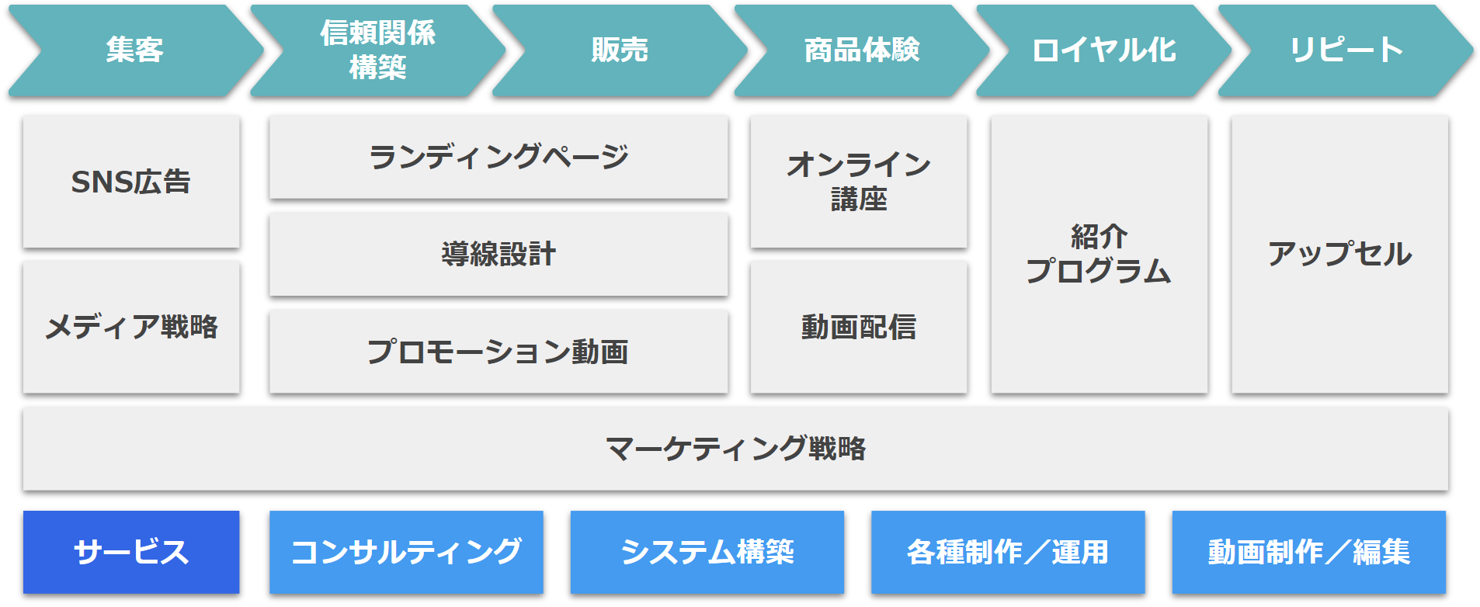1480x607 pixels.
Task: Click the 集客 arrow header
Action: click(136, 50)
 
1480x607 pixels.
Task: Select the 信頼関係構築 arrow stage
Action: click(378, 50)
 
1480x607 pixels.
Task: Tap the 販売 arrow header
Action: click(620, 50)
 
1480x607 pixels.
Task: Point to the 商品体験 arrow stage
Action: click(862, 50)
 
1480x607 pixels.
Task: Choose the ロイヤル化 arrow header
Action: click(1104, 50)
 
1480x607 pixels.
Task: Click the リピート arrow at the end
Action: click(1346, 50)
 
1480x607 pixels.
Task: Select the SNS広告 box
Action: click(131, 182)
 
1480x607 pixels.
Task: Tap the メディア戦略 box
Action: click(131, 327)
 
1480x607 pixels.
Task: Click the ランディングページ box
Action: click(499, 158)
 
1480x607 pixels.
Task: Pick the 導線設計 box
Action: click(499, 255)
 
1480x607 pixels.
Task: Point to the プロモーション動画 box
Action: click(499, 352)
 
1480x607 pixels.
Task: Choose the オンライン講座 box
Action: click(859, 182)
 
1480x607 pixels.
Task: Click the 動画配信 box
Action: click(859, 327)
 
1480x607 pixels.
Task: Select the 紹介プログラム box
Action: click(1100, 255)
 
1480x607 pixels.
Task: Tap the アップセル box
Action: click(1340, 255)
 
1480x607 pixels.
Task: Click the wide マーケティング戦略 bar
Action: click(735, 449)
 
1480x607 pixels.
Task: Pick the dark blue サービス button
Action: click(131, 552)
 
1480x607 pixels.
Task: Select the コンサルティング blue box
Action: click(406, 552)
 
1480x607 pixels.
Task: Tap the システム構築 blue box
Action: click(707, 552)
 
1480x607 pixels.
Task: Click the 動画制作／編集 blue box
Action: click(1309, 552)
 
